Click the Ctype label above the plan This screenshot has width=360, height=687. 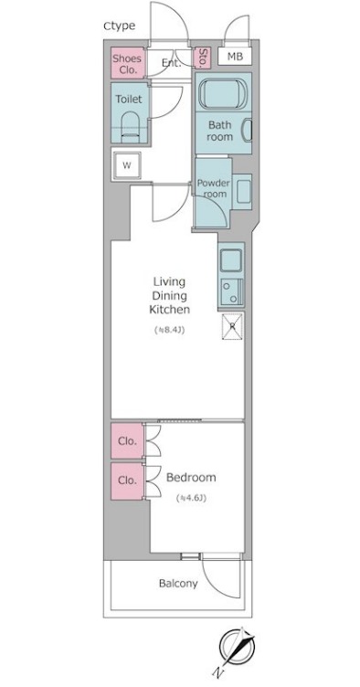pyautogui.click(x=119, y=26)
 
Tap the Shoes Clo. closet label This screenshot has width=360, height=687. pyautogui.click(x=127, y=64)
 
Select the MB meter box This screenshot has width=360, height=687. pyautogui.click(x=235, y=57)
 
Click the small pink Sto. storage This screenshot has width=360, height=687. pyautogui.click(x=202, y=58)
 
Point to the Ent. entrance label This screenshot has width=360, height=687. pyautogui.click(x=171, y=63)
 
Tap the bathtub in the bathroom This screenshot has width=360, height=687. pyautogui.click(x=221, y=92)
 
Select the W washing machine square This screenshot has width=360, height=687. pyautogui.click(x=127, y=165)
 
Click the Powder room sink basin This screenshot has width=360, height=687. pyautogui.click(x=244, y=188)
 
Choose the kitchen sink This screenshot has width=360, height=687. pyautogui.click(x=231, y=260)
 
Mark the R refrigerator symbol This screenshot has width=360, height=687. pyautogui.click(x=233, y=326)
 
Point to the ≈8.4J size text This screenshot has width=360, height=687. pyautogui.click(x=169, y=330)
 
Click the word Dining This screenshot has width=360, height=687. pyautogui.click(x=170, y=295)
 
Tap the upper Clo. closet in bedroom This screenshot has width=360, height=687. pyautogui.click(x=127, y=440)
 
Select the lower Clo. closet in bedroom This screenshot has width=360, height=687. pyautogui.click(x=127, y=481)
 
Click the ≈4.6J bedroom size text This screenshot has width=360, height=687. pyautogui.click(x=191, y=498)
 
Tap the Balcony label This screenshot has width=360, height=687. pyautogui.click(x=178, y=584)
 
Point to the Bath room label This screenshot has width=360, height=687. pyautogui.click(x=220, y=131)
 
